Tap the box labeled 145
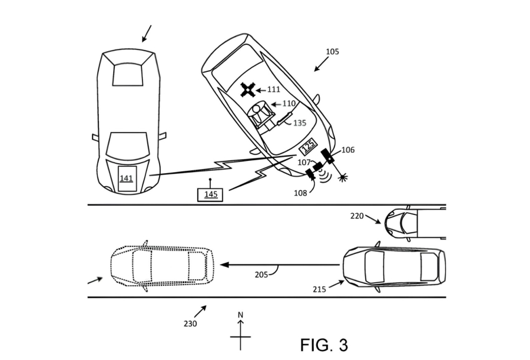click(x=210, y=194)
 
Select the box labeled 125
click(x=308, y=146)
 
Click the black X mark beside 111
click(x=249, y=90)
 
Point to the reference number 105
click(x=332, y=52)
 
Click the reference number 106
click(x=347, y=150)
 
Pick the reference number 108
click(x=301, y=192)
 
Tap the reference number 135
click(x=300, y=124)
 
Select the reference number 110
click(x=289, y=104)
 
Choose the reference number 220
click(x=357, y=216)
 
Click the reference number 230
click(x=190, y=323)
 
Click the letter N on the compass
click(x=240, y=315)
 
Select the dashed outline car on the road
click(x=161, y=265)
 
